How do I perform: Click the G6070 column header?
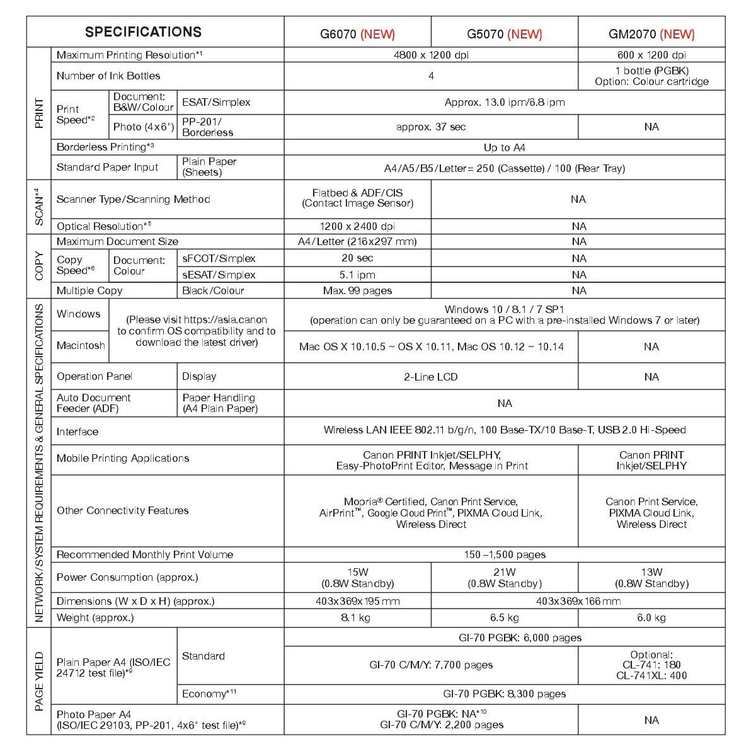357,34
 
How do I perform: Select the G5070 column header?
504,34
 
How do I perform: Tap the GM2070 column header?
651,34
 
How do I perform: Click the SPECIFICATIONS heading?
144,32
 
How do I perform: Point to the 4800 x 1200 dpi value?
431,55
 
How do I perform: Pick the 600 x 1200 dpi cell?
651,55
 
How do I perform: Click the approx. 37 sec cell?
431,127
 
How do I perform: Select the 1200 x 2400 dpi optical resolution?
357,226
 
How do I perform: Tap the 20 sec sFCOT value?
357,258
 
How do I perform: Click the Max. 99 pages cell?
357,290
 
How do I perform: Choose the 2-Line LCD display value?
431,377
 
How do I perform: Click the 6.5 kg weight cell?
504,617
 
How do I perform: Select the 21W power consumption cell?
504,578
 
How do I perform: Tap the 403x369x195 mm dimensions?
357,601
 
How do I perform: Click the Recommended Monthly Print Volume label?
145,554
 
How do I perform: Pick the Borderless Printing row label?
105,147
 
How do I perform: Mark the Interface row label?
77,432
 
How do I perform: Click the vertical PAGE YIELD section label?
39,681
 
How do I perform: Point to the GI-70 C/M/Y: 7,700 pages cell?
431,665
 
